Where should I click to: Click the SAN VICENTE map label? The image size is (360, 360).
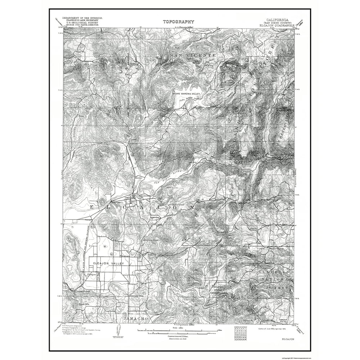(193, 55)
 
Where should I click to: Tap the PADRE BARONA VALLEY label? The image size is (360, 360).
(186, 94)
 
